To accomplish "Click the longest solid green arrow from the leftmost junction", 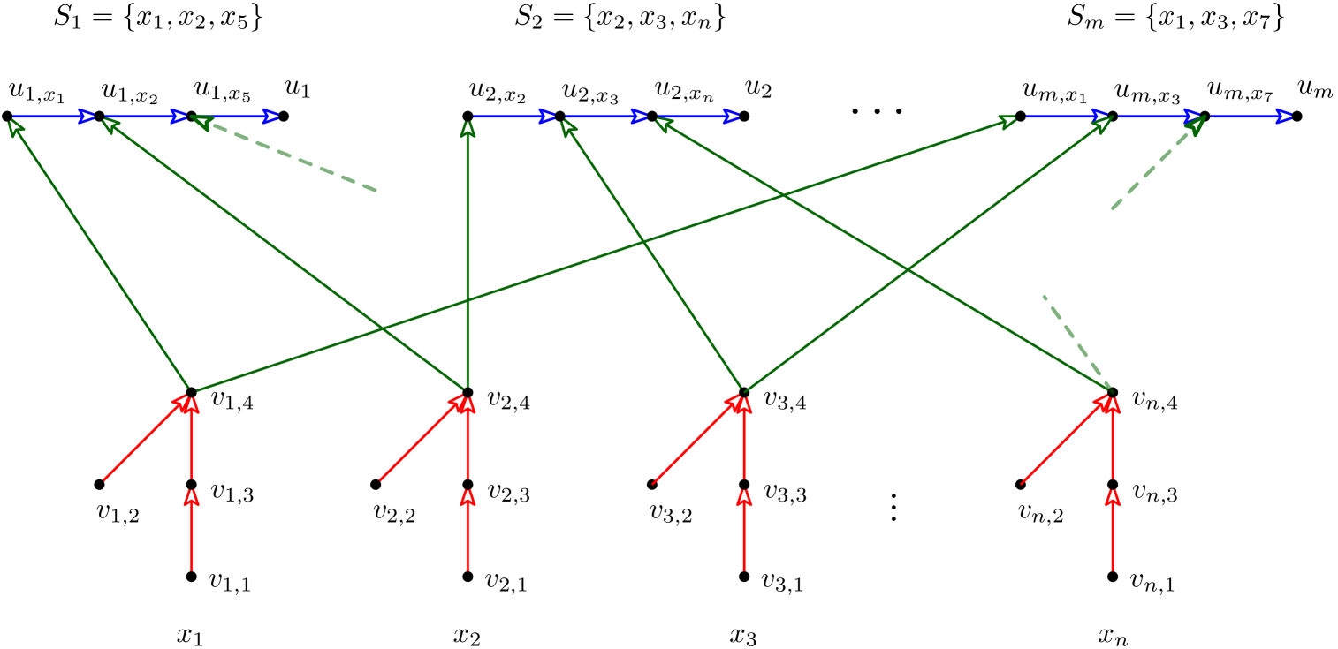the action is point(601,255).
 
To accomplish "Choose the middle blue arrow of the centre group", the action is point(604,117).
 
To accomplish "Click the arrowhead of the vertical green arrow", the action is point(468,129).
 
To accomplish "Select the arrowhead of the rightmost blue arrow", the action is point(1285,117).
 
